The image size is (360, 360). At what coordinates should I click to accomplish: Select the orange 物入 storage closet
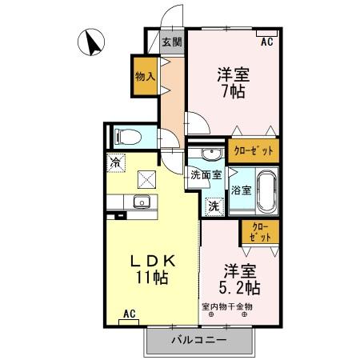[145, 77]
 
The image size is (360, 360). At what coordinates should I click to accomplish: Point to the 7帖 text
[232, 91]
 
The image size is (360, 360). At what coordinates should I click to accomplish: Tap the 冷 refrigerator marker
[117, 161]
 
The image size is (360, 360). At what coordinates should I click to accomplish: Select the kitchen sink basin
[142, 201]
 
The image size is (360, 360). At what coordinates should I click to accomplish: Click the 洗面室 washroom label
[206, 175]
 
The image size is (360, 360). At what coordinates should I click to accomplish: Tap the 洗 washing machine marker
[214, 206]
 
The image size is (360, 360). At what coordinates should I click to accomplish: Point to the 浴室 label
[241, 190]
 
